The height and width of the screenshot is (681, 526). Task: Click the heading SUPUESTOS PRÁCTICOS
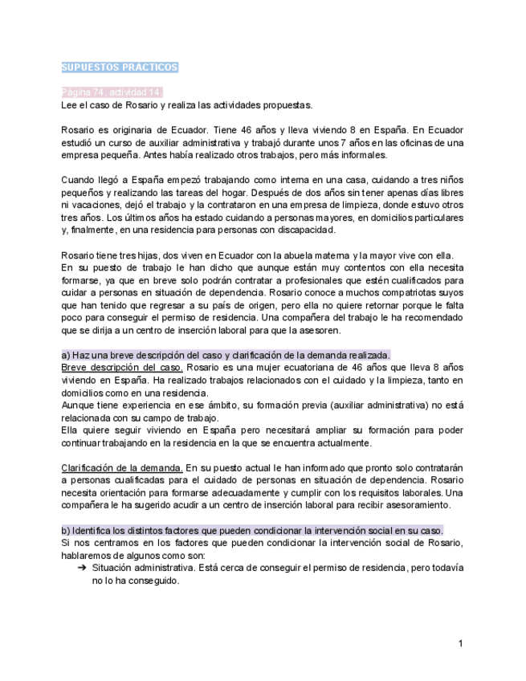point(120,67)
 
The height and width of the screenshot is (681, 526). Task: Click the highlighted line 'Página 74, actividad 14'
point(112,92)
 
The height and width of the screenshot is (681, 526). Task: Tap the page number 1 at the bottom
point(460,643)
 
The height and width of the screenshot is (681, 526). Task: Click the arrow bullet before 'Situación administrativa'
point(82,568)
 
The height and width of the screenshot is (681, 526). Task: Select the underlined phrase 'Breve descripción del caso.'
point(122,367)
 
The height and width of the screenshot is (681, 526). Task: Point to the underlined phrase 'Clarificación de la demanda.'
point(122,467)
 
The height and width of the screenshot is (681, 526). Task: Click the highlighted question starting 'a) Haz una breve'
point(226,355)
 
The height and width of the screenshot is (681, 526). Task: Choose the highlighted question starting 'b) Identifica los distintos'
point(252,531)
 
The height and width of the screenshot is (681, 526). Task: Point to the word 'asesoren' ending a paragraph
point(317,330)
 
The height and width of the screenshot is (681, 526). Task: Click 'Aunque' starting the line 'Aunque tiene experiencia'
point(79,406)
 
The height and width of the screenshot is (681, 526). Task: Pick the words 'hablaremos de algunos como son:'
point(133,555)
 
